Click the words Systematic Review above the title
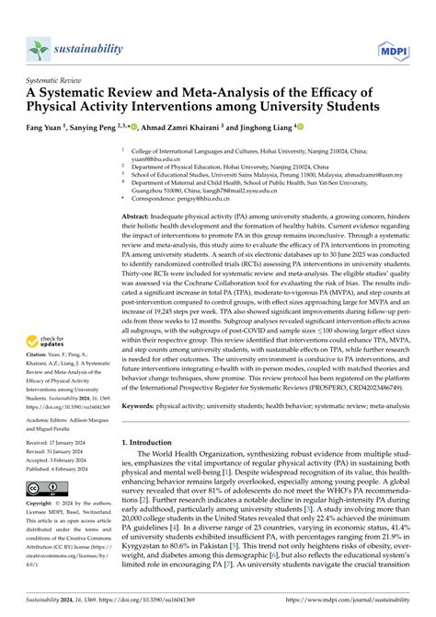(56, 80)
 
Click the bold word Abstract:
(140, 212)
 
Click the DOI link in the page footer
(166, 609)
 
